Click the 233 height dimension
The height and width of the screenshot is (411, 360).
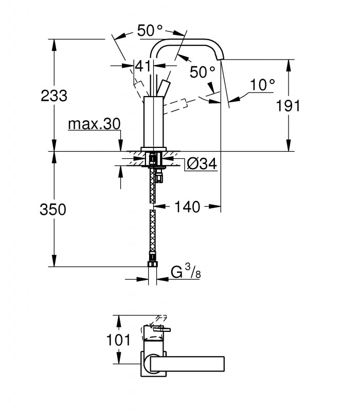[54, 96]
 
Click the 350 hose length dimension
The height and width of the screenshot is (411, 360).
[53, 210]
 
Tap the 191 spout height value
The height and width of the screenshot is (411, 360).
[288, 106]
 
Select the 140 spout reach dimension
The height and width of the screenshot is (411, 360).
[187, 207]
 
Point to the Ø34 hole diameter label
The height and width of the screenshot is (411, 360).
[202, 164]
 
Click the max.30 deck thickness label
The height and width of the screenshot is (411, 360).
[94, 124]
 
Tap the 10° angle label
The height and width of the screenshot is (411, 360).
[262, 85]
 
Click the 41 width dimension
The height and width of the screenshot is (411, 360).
[143, 66]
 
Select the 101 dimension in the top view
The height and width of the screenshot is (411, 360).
[118, 340]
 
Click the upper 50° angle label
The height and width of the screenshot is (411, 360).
[150, 30]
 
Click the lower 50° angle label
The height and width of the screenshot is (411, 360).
[202, 72]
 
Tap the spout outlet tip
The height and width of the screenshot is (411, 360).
[221, 59]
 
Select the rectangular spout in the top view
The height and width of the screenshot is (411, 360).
[187, 364]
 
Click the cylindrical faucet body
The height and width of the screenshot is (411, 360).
[153, 122]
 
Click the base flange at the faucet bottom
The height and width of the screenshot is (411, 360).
[153, 149]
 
